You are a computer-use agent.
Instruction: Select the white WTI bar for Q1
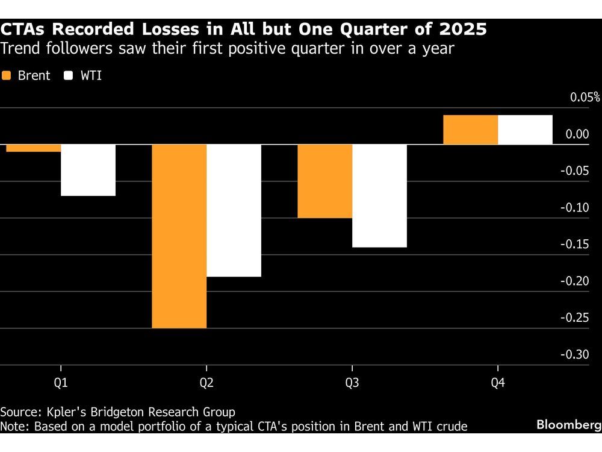[88, 170]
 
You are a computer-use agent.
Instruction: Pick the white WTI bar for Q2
[234, 210]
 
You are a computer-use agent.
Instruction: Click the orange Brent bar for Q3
[324, 181]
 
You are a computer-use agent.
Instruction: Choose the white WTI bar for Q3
[379, 196]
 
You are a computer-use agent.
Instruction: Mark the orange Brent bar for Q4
[470, 130]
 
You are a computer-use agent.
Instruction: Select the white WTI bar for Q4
[525, 130]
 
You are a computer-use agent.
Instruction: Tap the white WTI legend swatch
[68, 76]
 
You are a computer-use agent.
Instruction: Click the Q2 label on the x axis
[206, 383]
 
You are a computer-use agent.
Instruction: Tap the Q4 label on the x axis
[498, 383]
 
